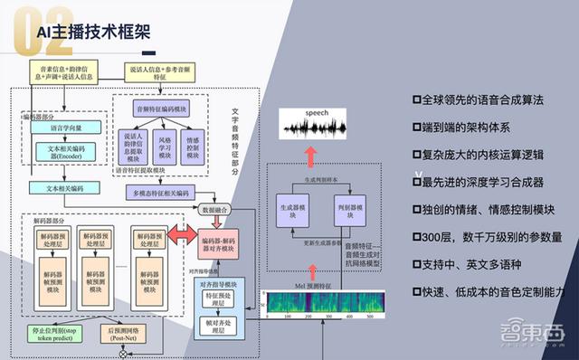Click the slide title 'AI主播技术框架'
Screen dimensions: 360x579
click(94, 34)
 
